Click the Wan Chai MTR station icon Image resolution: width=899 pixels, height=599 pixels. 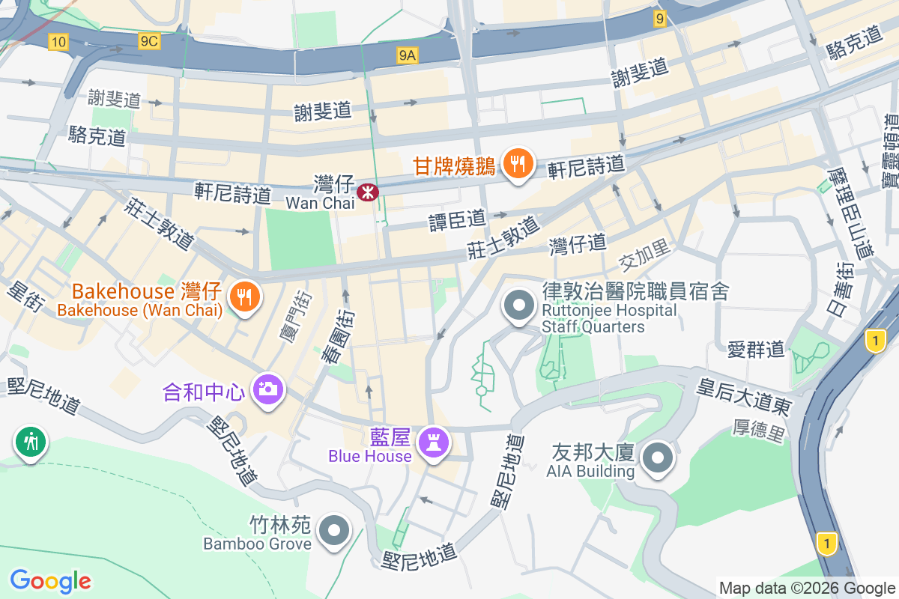(x=368, y=192)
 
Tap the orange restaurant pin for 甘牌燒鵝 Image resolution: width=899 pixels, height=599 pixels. (x=518, y=162)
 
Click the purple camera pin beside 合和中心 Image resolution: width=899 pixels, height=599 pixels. (x=267, y=389)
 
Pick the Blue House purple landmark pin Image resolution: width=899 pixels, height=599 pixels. (x=433, y=441)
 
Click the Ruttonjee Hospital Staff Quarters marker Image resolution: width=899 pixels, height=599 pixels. (x=518, y=306)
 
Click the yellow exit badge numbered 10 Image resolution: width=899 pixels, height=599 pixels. (x=58, y=43)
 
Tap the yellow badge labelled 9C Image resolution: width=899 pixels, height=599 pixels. (x=148, y=41)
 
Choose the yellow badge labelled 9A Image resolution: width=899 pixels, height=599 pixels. (x=407, y=55)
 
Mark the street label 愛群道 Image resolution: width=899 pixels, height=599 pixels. (x=756, y=348)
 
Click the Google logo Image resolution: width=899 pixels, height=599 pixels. (x=50, y=580)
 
